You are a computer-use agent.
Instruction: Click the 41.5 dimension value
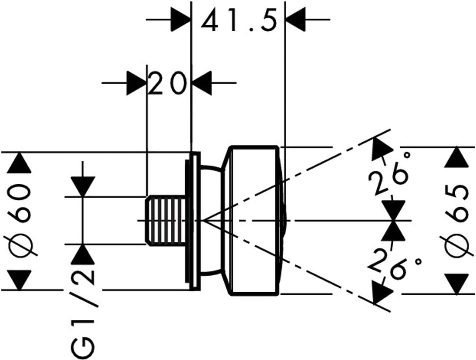click(x=239, y=20)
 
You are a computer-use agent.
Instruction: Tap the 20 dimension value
click(x=167, y=82)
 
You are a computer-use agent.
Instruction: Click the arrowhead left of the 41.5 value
click(x=180, y=20)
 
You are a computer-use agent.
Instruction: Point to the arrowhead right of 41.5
click(x=296, y=20)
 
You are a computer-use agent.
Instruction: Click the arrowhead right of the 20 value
click(x=202, y=82)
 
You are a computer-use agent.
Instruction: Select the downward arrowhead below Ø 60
click(x=20, y=279)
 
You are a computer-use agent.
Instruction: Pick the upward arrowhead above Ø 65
click(x=455, y=158)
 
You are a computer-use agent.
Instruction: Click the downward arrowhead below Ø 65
click(x=455, y=284)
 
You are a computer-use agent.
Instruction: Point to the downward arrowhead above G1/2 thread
click(x=83, y=186)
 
